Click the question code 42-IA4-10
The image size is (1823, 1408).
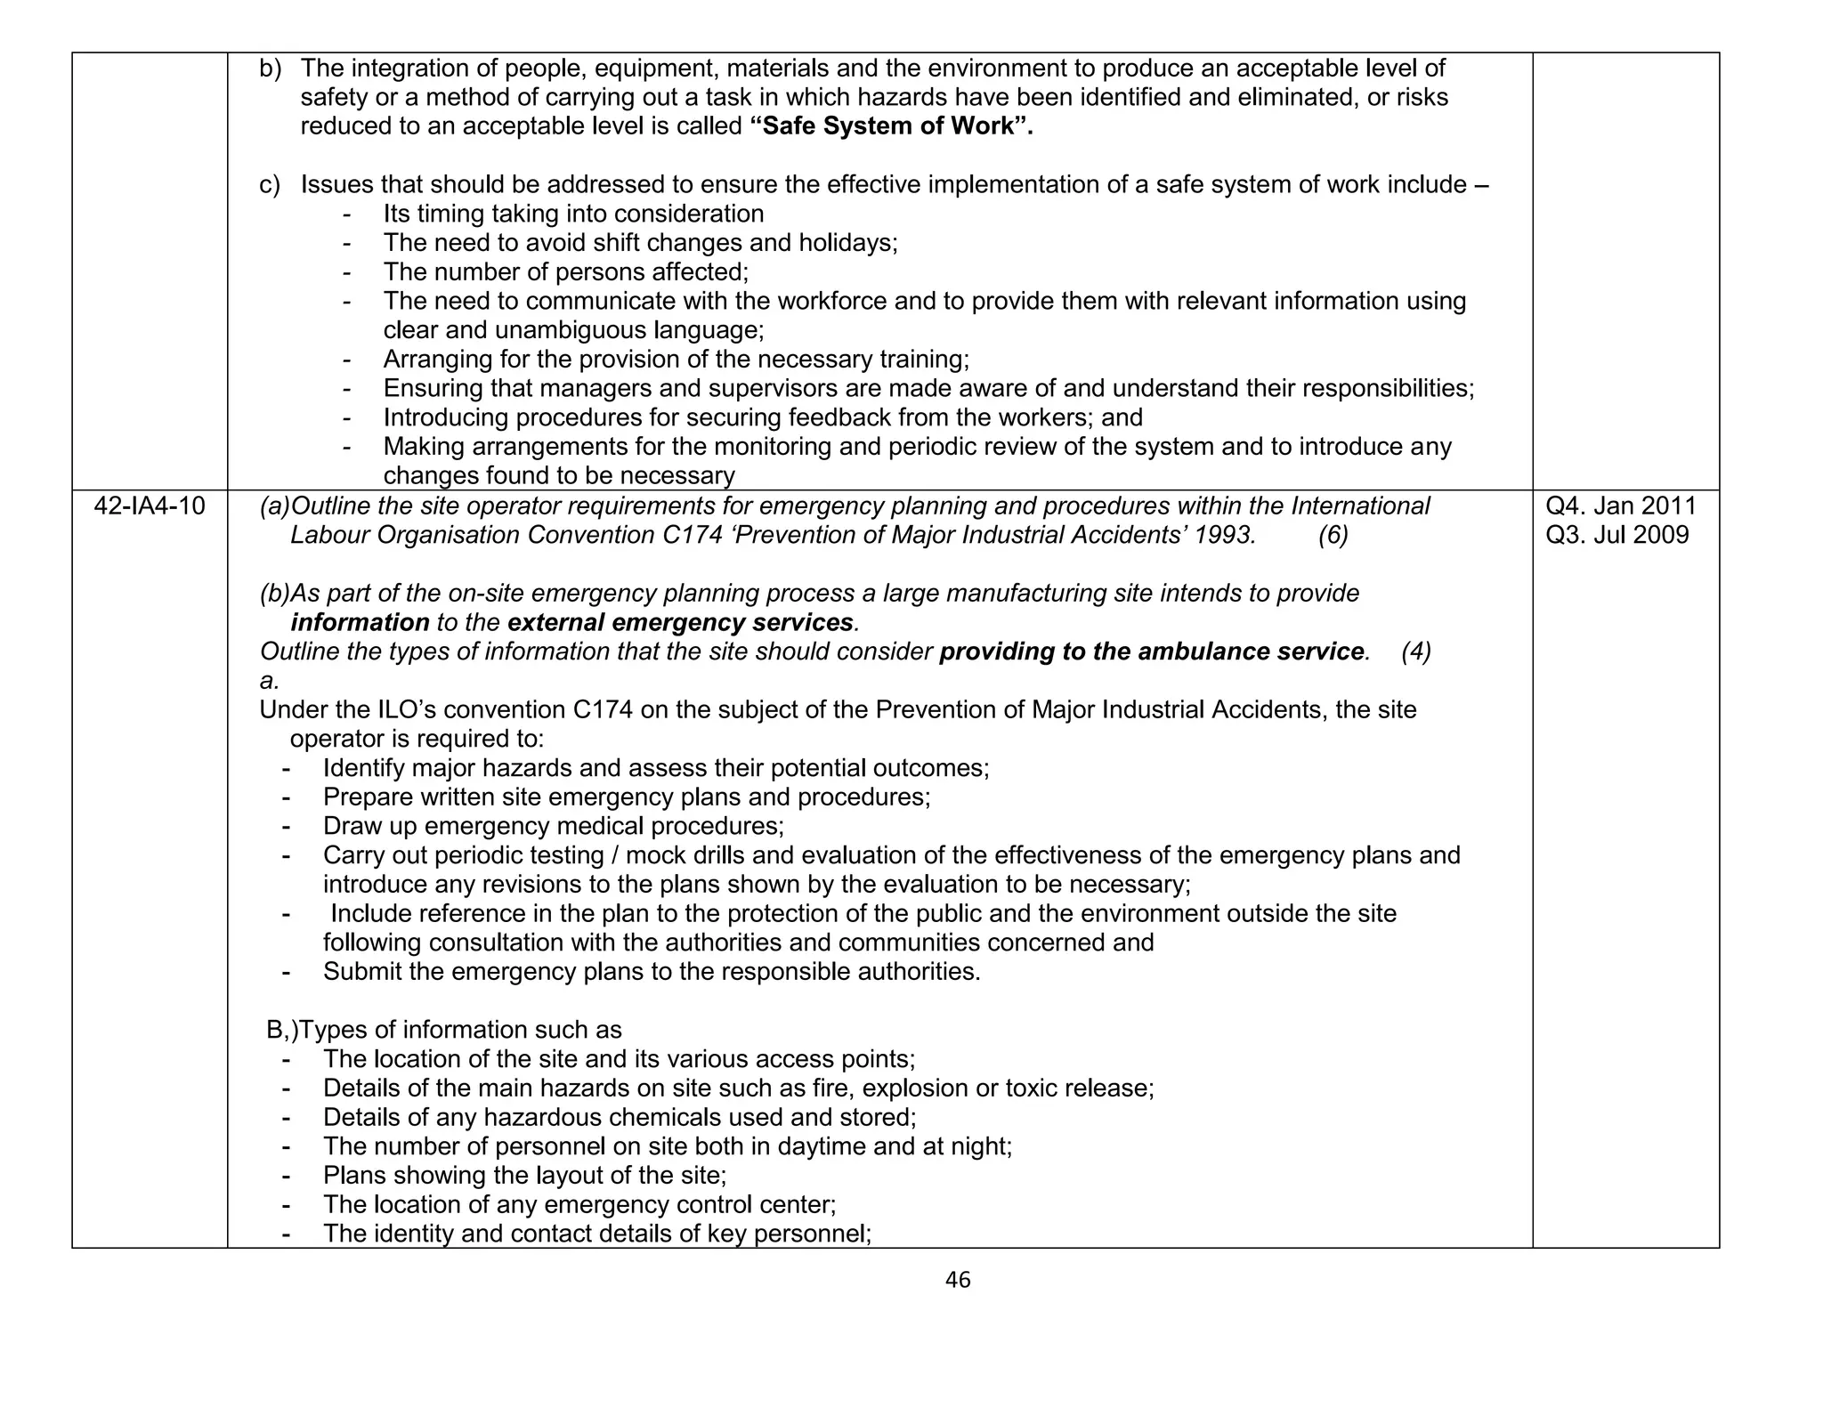[150, 506]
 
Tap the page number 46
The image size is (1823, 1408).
[958, 1281]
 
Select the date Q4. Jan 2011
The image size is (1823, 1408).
[1621, 506]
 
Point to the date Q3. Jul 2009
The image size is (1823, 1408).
[1617, 535]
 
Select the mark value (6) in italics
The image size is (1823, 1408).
[1333, 536]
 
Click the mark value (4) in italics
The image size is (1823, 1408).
[1416, 652]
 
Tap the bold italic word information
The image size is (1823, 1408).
[360, 623]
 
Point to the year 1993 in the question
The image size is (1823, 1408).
[1225, 536]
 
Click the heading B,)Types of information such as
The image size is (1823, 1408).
[444, 1031]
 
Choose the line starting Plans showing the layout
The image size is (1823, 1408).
[524, 1176]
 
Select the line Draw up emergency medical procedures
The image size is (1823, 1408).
[553, 827]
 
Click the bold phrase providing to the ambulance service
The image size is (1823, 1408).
[1152, 652]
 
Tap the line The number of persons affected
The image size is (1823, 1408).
[565, 272]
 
